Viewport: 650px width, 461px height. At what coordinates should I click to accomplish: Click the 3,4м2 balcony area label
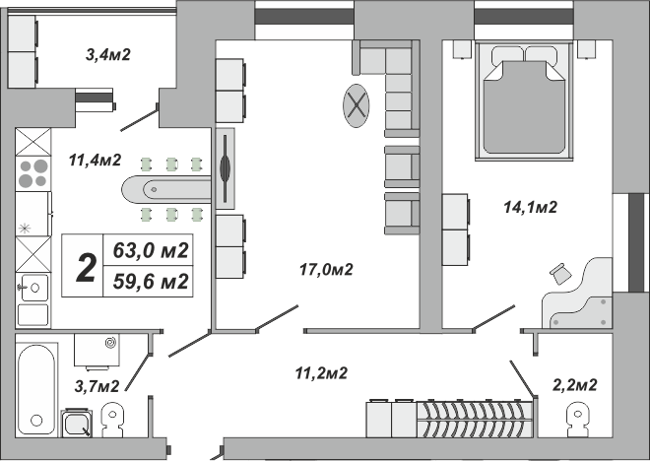click(108, 54)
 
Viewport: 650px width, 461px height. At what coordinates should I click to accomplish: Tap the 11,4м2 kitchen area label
click(95, 160)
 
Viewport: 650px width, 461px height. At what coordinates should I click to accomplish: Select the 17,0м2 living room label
click(326, 268)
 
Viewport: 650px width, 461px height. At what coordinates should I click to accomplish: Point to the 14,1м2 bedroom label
click(531, 207)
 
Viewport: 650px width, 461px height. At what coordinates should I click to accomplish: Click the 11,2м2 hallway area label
click(321, 372)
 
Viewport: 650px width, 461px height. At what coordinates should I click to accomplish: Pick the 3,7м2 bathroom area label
click(97, 385)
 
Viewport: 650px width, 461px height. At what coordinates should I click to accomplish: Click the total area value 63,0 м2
click(152, 249)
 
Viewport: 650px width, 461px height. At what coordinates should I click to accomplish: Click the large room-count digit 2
click(86, 266)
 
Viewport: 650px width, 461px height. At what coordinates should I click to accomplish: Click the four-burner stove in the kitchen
click(32, 172)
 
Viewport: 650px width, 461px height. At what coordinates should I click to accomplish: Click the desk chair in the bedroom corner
click(561, 274)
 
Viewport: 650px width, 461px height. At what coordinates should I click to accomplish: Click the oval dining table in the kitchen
click(165, 188)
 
